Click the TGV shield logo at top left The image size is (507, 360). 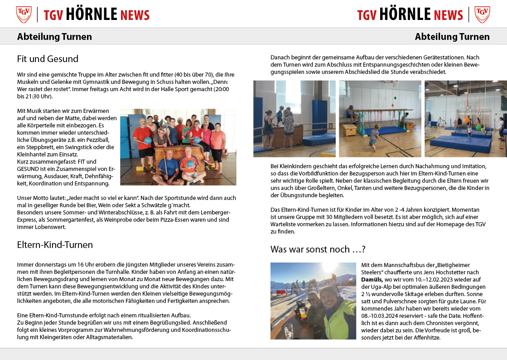[24, 15]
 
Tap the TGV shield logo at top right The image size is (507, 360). [482, 15]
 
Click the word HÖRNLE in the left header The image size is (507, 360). [92, 15]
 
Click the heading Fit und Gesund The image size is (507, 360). [48, 59]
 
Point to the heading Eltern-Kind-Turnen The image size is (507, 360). [55, 245]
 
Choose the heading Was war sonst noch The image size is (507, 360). [318, 249]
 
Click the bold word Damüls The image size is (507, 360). [372, 280]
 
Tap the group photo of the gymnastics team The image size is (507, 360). [178, 147]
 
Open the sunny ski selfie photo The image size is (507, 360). [313, 301]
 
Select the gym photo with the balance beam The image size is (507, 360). [380, 119]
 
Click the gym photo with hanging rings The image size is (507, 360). [465, 119]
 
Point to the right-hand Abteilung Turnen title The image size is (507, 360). [452, 37]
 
